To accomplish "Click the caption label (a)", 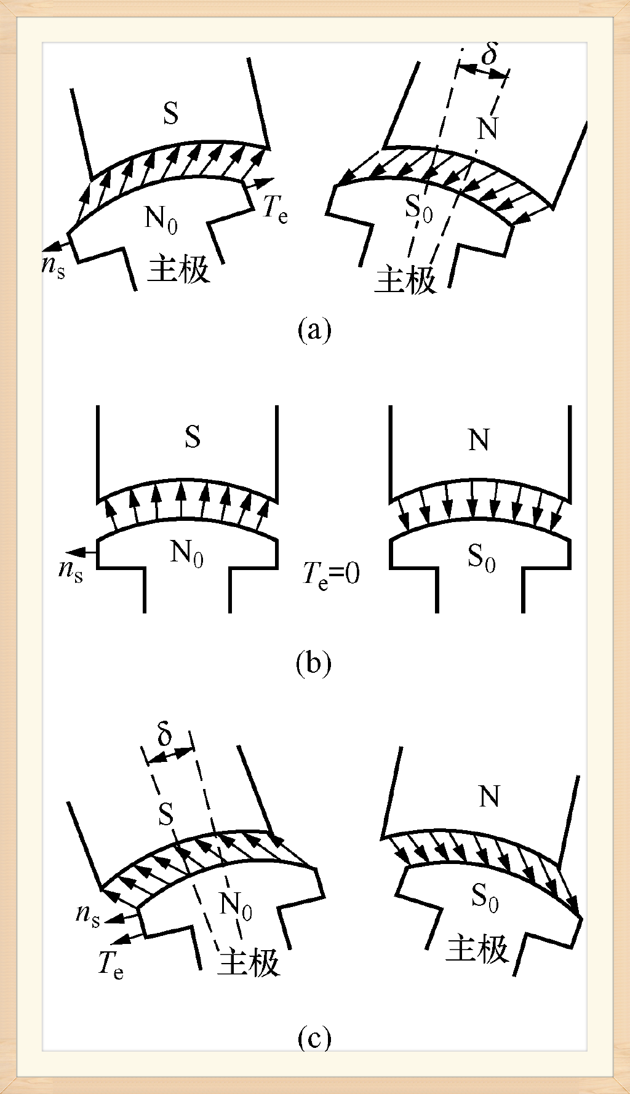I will [314, 330].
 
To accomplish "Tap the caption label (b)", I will [313, 664].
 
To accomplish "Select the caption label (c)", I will [314, 1038].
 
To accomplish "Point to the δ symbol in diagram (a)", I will [490, 54].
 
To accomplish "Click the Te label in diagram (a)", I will [275, 209].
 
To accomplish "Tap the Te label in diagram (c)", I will [111, 964].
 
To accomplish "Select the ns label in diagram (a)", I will [54, 266].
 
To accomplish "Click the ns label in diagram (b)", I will [71, 570].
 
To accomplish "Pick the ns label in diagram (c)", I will [87, 914].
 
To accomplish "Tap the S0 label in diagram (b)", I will [481, 558].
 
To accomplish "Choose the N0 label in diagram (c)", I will [236, 906].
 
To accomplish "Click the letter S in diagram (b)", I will [193, 437].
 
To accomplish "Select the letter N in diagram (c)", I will [489, 797].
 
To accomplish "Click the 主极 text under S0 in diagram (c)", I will [477, 949].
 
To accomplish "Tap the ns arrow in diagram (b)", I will [82, 552].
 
